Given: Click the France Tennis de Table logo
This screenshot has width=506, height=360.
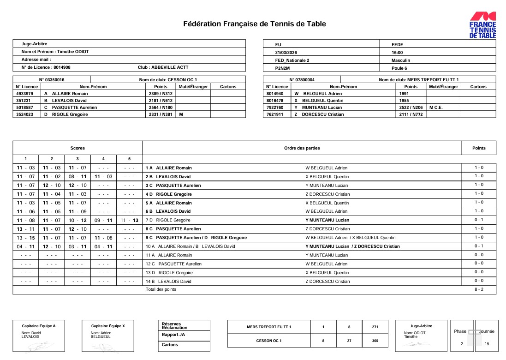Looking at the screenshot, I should [482, 25].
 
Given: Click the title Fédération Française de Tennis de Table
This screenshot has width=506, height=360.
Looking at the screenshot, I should [255, 24].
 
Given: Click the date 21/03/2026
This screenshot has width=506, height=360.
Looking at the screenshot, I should [287, 52].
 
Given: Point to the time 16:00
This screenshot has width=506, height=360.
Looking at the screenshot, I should [397, 52].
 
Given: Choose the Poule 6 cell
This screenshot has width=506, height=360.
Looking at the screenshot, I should [399, 68].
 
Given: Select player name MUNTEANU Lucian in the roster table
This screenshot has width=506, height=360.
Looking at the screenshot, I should [321, 108].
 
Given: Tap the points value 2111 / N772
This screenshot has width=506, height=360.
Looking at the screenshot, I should [411, 114].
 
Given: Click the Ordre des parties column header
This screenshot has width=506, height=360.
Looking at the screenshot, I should [302, 148].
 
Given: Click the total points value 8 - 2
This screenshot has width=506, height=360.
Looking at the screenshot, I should [479, 289].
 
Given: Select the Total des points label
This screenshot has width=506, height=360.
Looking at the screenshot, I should [161, 289].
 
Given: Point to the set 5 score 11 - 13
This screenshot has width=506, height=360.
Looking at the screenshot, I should [129, 220].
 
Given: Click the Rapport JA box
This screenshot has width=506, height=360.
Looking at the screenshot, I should [170, 335].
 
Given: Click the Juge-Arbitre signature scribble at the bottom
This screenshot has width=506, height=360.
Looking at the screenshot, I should [413, 344].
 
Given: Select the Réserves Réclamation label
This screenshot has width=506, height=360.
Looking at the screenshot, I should [175, 326].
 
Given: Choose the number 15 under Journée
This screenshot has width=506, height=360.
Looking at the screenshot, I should [487, 344].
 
